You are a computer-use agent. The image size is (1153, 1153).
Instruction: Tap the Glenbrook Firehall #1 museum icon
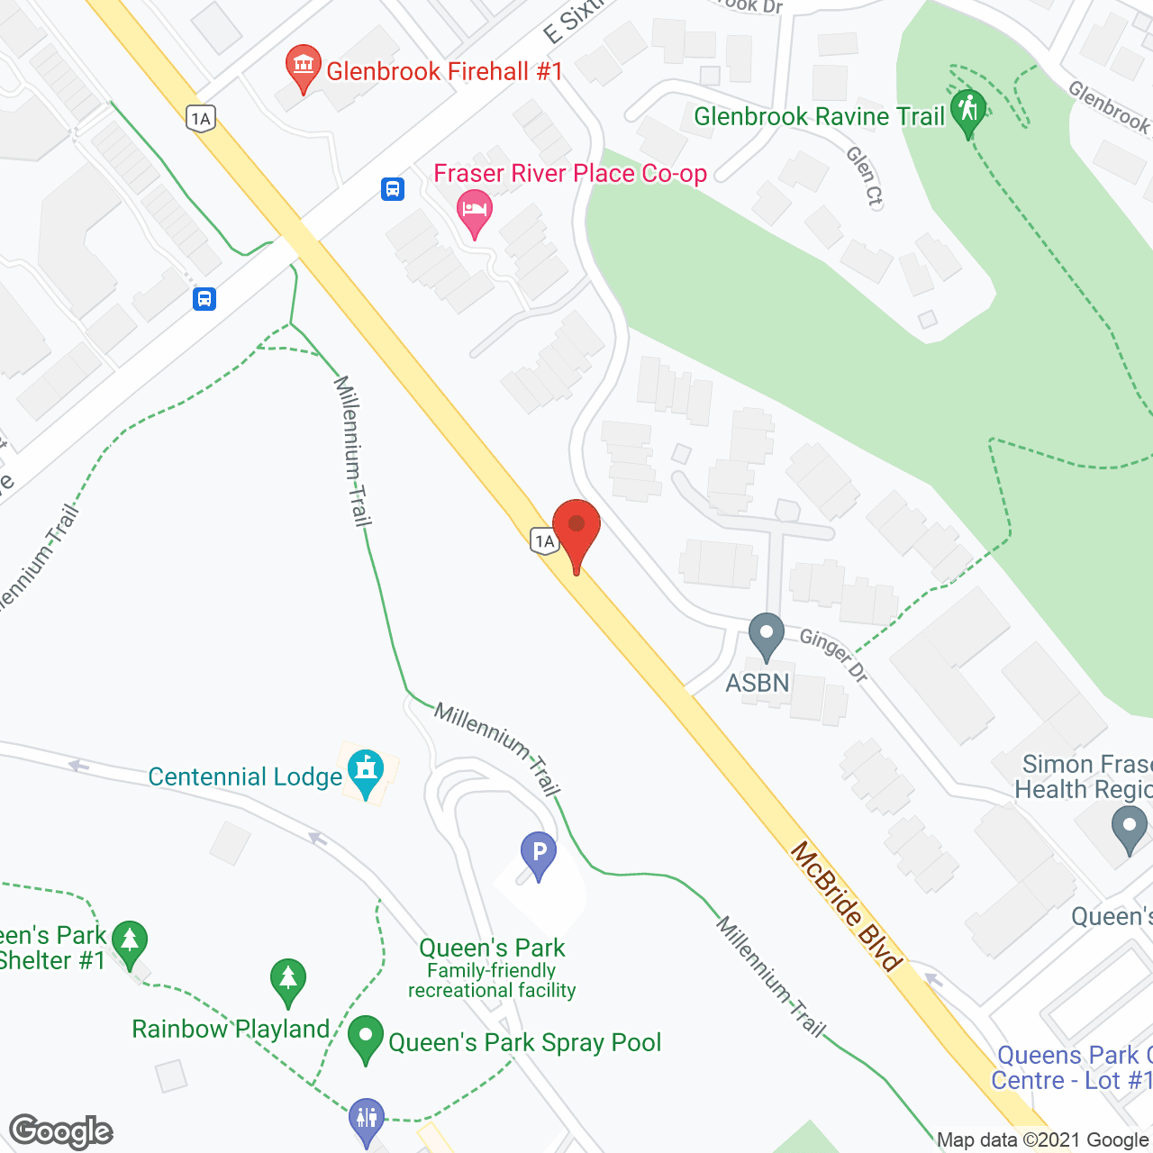304,67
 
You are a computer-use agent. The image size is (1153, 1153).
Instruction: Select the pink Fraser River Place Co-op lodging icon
474,213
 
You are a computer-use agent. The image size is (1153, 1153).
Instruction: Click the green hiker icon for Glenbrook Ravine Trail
968,111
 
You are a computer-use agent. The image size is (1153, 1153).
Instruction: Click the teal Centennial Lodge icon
366,771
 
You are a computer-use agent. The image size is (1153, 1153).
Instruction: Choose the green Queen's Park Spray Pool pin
366,1037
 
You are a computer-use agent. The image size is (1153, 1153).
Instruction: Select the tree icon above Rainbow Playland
287,980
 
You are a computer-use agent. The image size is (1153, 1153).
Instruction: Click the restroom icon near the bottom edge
367,1119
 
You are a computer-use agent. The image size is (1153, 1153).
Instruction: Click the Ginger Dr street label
834,655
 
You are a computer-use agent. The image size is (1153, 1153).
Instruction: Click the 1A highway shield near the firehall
201,118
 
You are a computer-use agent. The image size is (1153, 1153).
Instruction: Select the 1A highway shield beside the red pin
544,540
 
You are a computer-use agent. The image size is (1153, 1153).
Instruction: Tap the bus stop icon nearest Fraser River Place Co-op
393,189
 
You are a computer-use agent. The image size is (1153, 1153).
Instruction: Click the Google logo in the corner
61,1131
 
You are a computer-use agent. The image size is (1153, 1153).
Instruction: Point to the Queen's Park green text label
492,948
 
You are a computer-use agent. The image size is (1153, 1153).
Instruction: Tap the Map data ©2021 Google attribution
1043,1140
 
